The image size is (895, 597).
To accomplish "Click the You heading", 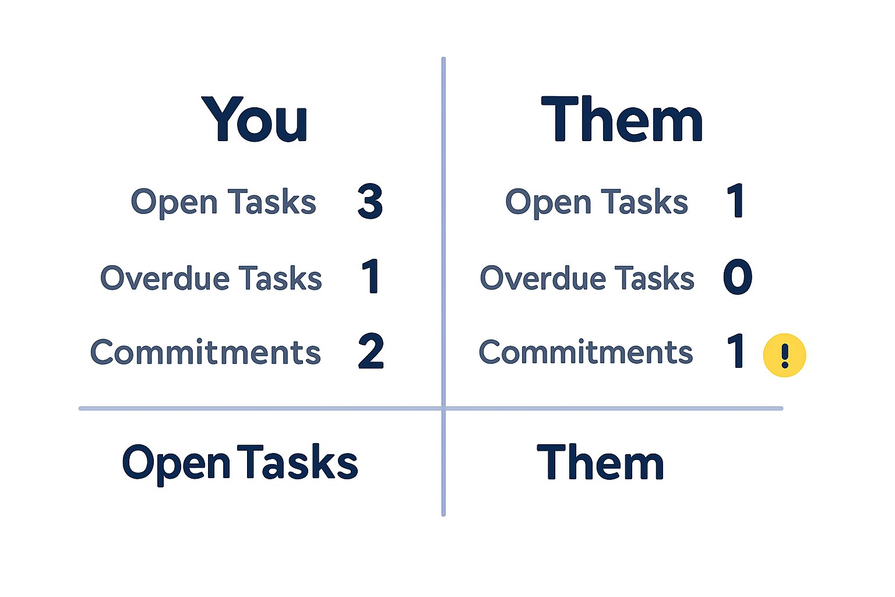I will tap(254, 120).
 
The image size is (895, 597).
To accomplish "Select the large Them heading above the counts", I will tap(622, 120).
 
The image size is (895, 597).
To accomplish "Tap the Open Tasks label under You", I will tap(223, 202).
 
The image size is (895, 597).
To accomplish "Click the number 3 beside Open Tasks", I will tap(370, 202).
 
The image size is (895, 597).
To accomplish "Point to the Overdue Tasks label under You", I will tap(211, 278).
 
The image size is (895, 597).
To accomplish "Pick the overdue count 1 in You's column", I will tap(371, 276).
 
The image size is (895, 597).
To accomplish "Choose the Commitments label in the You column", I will tap(205, 352).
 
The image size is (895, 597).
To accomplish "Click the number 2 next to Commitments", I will tap(371, 352).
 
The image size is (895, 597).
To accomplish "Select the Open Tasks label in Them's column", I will tap(597, 202).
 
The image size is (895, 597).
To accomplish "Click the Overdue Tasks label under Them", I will tap(587, 278).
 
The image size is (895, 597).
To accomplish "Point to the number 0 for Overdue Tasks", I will tap(738, 276).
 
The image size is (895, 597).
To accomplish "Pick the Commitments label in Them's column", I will tap(586, 352).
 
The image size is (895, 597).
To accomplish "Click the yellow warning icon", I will tap(784, 355).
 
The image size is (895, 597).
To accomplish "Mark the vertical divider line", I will tap(443, 233).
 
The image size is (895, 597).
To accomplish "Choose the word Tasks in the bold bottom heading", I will tap(298, 462).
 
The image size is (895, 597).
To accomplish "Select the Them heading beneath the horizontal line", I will tap(600, 462).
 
